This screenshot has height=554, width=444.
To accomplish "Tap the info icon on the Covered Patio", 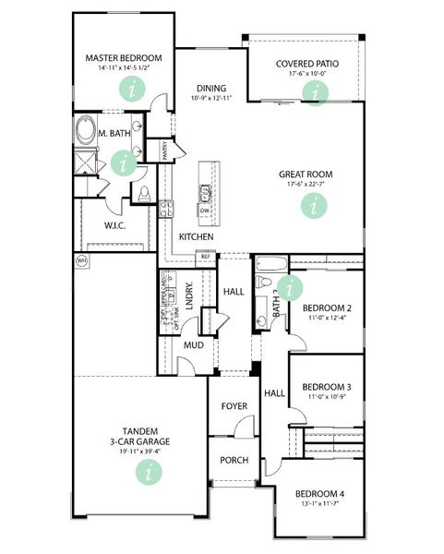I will [x=317, y=92].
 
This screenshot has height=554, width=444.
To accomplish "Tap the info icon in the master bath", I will [x=122, y=163].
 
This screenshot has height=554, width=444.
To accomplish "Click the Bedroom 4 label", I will [x=319, y=495].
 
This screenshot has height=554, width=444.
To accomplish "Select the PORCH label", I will [x=233, y=460].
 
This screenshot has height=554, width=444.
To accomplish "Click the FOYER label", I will [x=233, y=406].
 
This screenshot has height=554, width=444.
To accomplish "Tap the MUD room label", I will [x=193, y=345].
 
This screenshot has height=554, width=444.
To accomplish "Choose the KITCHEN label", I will [x=197, y=237].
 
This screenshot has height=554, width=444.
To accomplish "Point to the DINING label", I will [x=211, y=89].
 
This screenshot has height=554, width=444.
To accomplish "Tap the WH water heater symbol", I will [x=80, y=261].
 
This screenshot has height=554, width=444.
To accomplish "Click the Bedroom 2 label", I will [x=326, y=307].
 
